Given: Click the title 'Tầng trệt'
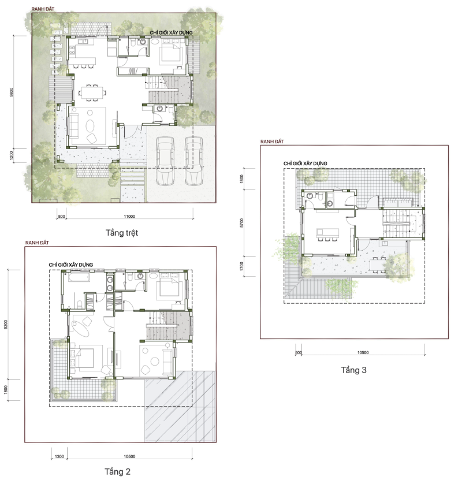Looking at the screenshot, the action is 122,233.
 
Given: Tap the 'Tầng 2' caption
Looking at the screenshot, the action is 117,472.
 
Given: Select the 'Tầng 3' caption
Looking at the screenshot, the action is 353,370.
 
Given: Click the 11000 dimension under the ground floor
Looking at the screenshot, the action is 129,217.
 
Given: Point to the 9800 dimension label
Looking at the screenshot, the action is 12,92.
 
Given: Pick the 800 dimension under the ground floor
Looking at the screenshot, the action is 61,217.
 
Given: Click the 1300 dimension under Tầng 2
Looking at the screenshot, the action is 59,456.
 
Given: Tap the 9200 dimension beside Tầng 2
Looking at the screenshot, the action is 6,325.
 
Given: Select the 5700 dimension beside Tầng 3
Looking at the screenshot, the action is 242,223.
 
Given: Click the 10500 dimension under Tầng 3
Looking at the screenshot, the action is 363,353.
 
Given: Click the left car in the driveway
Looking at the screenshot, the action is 165,161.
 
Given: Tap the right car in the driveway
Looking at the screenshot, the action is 193,161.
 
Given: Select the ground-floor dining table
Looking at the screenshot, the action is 92,92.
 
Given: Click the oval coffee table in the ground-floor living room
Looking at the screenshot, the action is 91,125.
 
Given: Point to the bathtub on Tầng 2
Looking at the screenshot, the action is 79,277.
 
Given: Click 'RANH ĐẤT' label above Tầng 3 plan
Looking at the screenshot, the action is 272,142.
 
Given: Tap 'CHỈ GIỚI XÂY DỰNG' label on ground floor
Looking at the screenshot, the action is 171,32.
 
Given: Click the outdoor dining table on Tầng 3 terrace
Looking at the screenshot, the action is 378,265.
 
